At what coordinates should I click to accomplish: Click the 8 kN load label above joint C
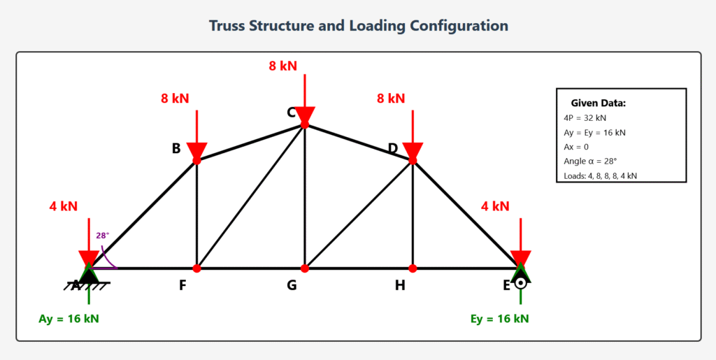point(282,66)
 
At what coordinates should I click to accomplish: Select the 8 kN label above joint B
point(175,99)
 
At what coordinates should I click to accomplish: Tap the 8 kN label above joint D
point(391,99)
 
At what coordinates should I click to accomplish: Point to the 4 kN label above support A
point(63,206)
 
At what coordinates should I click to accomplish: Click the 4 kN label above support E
point(495,206)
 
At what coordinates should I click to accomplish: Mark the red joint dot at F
point(197,268)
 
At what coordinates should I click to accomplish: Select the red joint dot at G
point(305,268)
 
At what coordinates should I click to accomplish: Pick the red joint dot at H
point(413,268)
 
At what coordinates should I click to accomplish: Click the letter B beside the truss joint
point(176,148)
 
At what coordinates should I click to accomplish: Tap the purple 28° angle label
point(103,236)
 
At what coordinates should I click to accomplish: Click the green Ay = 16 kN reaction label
point(69,319)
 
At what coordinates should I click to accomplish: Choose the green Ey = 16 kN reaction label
point(500,319)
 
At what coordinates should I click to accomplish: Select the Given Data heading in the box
point(598,103)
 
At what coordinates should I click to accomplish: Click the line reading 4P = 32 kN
point(585,117)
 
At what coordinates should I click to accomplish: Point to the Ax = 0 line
point(576,147)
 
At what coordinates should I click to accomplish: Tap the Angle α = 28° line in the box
point(589,161)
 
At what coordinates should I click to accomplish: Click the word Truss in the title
point(230,26)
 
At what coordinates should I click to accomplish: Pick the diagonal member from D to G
point(359,215)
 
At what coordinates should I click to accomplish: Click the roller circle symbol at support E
point(520,283)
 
